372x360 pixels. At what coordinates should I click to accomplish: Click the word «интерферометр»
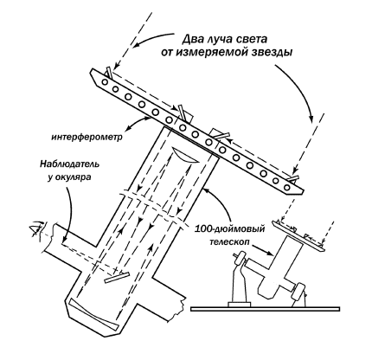(87, 137)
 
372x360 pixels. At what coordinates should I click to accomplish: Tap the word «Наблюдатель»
(69, 164)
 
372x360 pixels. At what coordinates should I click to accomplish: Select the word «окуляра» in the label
(74, 177)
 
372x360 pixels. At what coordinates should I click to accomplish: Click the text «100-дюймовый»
(230, 229)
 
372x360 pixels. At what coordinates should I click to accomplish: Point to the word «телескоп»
(229, 242)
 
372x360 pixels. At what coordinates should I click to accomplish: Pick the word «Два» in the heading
(193, 39)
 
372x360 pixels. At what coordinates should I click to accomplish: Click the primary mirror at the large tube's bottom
(93, 315)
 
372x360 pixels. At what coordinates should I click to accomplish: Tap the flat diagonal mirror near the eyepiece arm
(117, 277)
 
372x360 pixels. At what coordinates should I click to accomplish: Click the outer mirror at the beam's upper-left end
(108, 73)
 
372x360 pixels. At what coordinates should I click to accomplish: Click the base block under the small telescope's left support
(239, 304)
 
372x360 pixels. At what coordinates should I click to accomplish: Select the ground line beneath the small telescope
(265, 309)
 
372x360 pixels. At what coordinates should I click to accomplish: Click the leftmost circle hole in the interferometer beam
(105, 82)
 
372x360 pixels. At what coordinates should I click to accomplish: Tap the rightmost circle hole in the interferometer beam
(286, 187)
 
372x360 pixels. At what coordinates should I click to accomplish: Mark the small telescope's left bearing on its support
(240, 260)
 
